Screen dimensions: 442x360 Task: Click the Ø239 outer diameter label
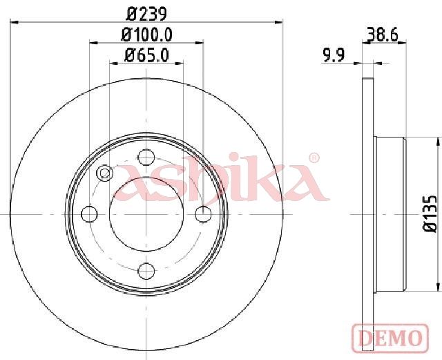pos(146,14)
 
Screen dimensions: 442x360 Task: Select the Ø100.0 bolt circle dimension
pos(146,35)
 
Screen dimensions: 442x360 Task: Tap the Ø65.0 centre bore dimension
pos(146,55)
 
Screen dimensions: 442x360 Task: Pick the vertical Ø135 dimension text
pos(431,213)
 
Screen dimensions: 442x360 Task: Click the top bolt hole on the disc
pos(146,157)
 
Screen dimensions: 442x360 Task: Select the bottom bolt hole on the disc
pos(146,271)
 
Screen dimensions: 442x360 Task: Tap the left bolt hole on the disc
pos(89,214)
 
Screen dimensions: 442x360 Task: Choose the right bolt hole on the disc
pos(203,214)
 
